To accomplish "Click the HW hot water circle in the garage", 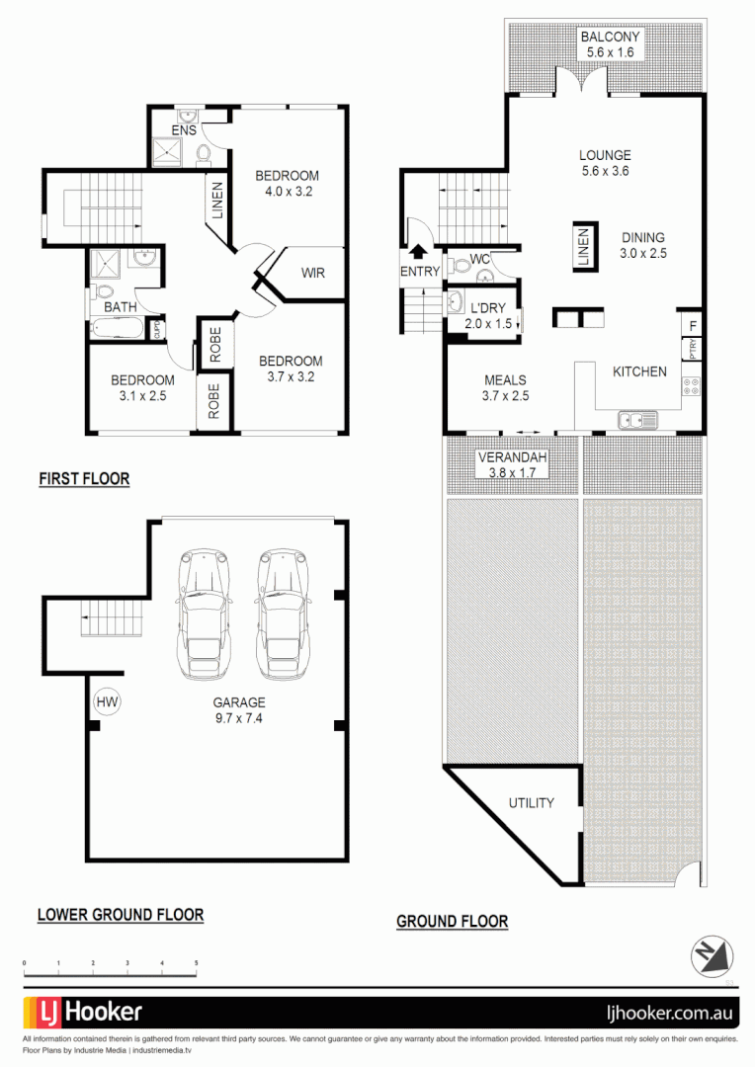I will tap(107, 702).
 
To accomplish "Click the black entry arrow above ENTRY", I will tap(417, 252).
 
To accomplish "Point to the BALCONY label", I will tap(610, 37).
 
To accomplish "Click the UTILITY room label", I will tap(531, 803).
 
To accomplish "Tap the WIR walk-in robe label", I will tap(312, 273).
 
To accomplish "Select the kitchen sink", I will tap(638, 420).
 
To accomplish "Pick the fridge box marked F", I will tap(693, 324).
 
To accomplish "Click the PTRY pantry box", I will tap(693, 350).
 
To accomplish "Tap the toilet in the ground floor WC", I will tap(460, 265).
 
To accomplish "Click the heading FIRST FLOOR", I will tap(84, 479).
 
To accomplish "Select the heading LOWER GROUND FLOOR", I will tap(121, 915).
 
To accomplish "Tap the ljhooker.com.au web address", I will tap(667, 1013).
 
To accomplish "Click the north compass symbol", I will tap(713, 955).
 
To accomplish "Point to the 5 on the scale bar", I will tap(197, 962).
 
